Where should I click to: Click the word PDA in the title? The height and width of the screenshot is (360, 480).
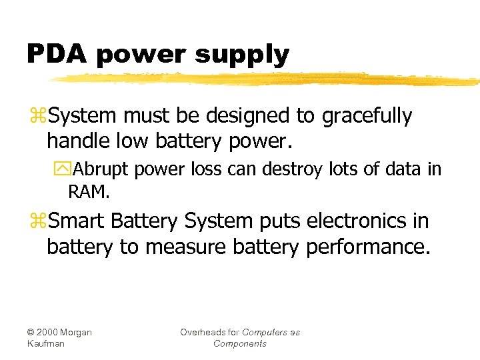coord(57,53)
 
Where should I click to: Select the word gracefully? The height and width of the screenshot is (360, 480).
coord(367,117)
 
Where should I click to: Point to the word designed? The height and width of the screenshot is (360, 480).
coord(246,117)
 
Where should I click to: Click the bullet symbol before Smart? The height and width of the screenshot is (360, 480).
coord(37,221)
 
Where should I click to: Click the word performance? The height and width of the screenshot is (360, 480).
coord(368,247)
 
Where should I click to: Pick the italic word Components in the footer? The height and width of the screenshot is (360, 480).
coord(240,343)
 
